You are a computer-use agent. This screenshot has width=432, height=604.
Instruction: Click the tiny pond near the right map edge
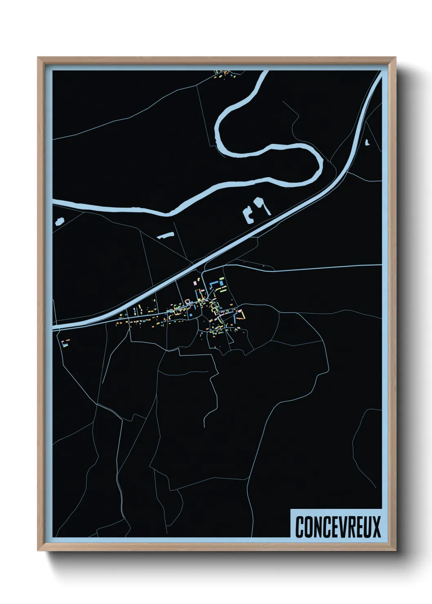(x=367, y=142)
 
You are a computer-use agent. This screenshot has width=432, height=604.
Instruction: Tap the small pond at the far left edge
(x=60, y=222)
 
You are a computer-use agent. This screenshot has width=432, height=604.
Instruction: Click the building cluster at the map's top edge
(x=226, y=74)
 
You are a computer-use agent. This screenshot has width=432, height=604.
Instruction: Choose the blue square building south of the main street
(x=190, y=315)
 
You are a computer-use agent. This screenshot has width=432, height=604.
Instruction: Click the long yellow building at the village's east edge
(x=243, y=315)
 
